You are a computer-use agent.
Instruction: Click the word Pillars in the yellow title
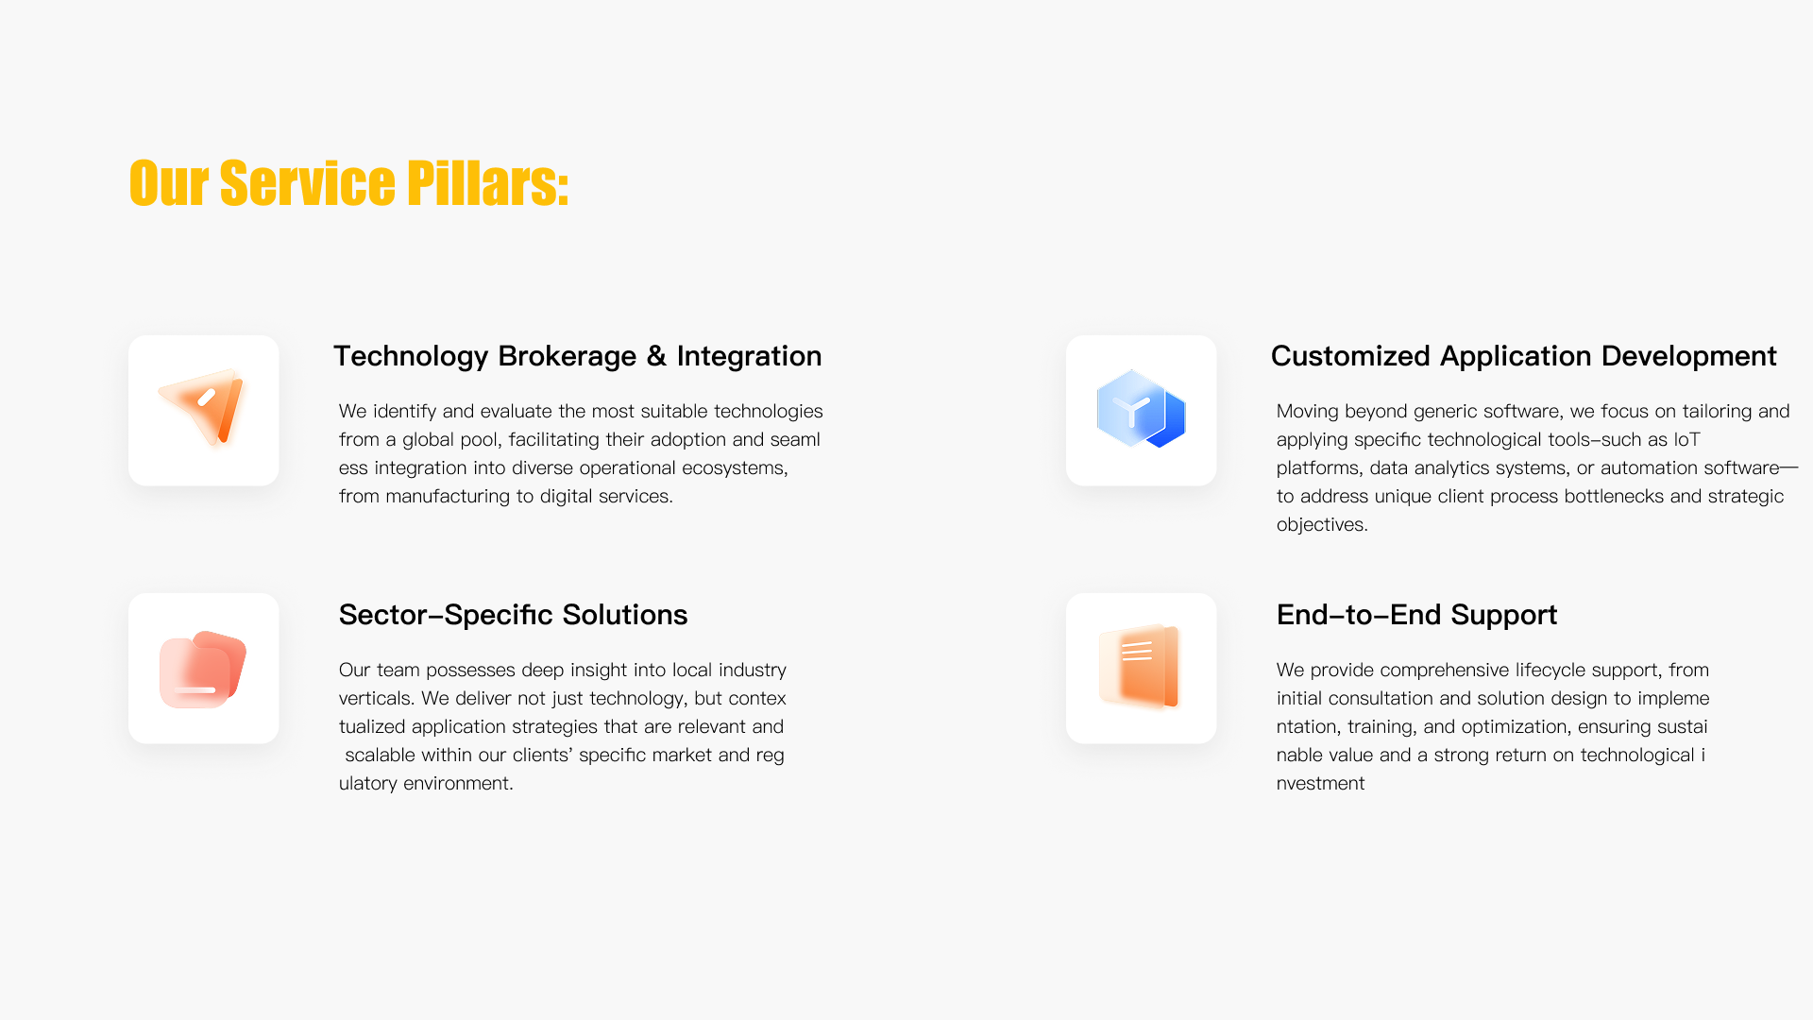click(488, 183)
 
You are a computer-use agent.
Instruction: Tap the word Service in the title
click(308, 183)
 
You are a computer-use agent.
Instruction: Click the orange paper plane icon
click(202, 407)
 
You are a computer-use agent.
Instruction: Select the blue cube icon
click(1141, 408)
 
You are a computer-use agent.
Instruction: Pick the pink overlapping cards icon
click(203, 669)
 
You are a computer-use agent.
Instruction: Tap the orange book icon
click(1140, 667)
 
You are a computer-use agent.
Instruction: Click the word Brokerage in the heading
click(568, 356)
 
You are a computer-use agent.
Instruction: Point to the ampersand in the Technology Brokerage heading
click(656, 356)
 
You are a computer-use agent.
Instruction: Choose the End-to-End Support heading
click(1416, 615)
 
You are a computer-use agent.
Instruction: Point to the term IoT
click(1687, 439)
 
